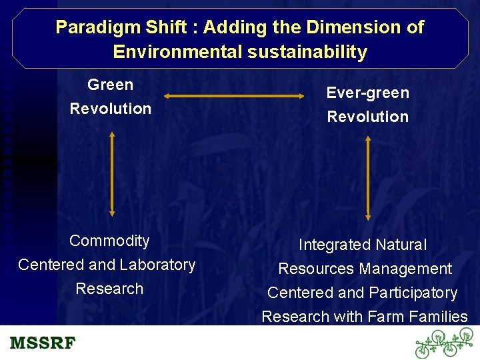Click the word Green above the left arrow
point(111,85)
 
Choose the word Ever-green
point(367,93)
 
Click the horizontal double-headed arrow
point(233,97)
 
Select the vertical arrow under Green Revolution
point(112,173)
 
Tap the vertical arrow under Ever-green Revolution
point(367,178)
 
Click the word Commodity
point(109,241)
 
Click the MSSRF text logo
point(43,343)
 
